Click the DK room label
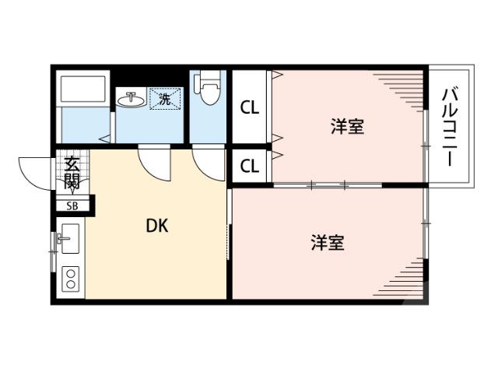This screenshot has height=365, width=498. [158, 226]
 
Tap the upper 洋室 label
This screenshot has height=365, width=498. [347, 125]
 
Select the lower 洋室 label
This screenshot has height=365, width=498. [328, 243]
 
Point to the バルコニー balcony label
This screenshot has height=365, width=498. [449, 126]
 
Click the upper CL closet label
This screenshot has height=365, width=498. [249, 108]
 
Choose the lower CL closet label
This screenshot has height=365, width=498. [249, 166]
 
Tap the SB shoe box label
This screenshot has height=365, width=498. [72, 206]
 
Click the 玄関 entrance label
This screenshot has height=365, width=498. [72, 173]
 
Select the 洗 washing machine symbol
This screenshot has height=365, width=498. [165, 99]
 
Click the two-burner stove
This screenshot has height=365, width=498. [70, 279]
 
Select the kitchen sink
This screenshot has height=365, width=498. [69, 240]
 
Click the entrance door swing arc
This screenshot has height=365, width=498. [35, 171]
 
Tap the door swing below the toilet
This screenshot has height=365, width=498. [207, 162]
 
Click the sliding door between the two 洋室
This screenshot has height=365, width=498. [327, 185]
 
